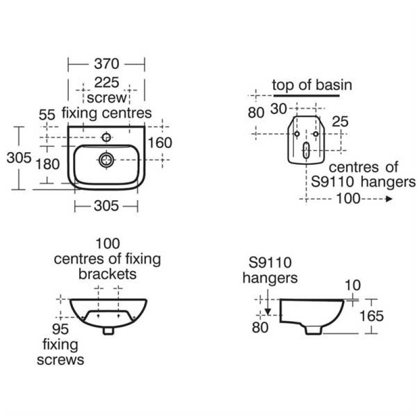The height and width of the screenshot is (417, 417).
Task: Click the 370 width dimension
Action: pos(106,64)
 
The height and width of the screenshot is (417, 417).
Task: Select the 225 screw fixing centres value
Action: pos(106,82)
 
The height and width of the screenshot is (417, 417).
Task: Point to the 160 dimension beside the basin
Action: pos(160,142)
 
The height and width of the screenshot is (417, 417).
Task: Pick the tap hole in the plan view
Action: pos(106,138)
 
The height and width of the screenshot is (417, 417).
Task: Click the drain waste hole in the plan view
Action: pos(106,159)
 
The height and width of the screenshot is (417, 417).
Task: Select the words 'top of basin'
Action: pos(312,85)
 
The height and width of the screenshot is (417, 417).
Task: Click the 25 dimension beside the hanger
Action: pos(340,121)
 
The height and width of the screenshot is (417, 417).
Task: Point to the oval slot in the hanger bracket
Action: pos(306,151)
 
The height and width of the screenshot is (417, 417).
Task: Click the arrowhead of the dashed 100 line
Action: pos(388,199)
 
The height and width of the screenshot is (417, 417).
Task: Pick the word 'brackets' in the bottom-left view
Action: pos(107,274)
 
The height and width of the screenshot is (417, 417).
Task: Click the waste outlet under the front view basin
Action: pos(108,331)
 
